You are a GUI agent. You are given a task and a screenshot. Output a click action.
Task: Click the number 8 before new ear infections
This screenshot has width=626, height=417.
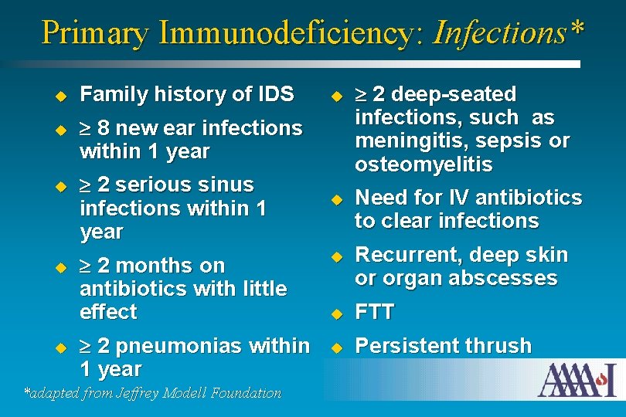(x=104, y=128)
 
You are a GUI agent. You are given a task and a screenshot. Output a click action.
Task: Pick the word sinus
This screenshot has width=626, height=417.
(x=226, y=185)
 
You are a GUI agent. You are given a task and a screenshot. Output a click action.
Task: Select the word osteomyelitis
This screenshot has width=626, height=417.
(x=424, y=165)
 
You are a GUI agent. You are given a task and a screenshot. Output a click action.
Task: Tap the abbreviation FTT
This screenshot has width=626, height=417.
(x=374, y=313)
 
